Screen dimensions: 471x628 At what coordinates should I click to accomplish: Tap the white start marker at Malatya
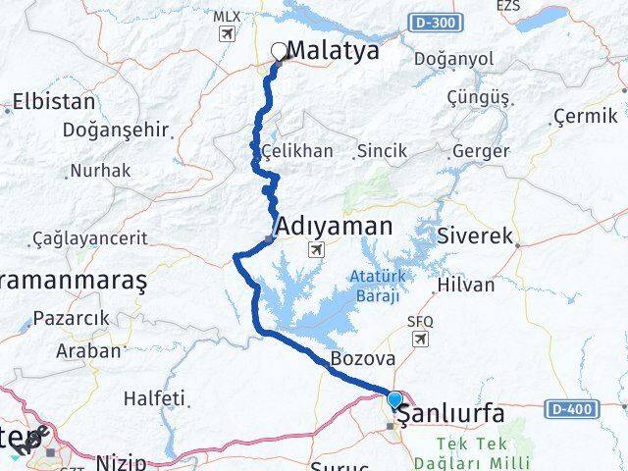(279, 51)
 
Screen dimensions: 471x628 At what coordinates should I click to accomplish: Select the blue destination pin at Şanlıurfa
(394, 401)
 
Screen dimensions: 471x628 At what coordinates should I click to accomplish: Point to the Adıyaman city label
(335, 227)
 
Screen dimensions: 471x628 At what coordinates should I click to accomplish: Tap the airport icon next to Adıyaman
(317, 249)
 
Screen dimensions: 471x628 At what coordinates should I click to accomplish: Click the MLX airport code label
(226, 17)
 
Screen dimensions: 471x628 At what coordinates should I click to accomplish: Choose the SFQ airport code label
(419, 322)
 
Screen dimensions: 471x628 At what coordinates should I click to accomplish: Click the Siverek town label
(480, 236)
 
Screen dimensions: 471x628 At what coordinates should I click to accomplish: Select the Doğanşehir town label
(115, 131)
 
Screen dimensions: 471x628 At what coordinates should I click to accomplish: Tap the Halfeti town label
(154, 398)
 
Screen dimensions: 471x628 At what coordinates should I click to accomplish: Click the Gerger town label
(480, 151)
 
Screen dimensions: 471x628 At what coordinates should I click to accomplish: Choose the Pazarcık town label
(71, 319)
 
